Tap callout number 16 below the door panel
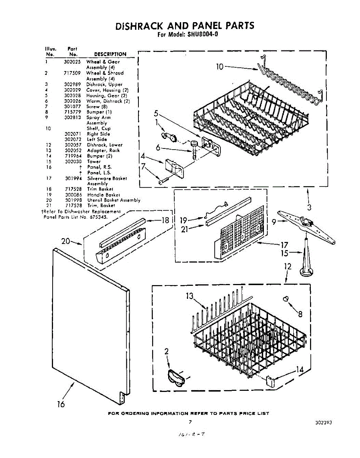click(61, 404)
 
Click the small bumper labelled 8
click(285, 299)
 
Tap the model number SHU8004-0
click(202, 34)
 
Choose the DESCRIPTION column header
click(110, 54)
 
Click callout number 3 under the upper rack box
click(309, 208)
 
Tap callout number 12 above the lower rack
click(288, 266)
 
